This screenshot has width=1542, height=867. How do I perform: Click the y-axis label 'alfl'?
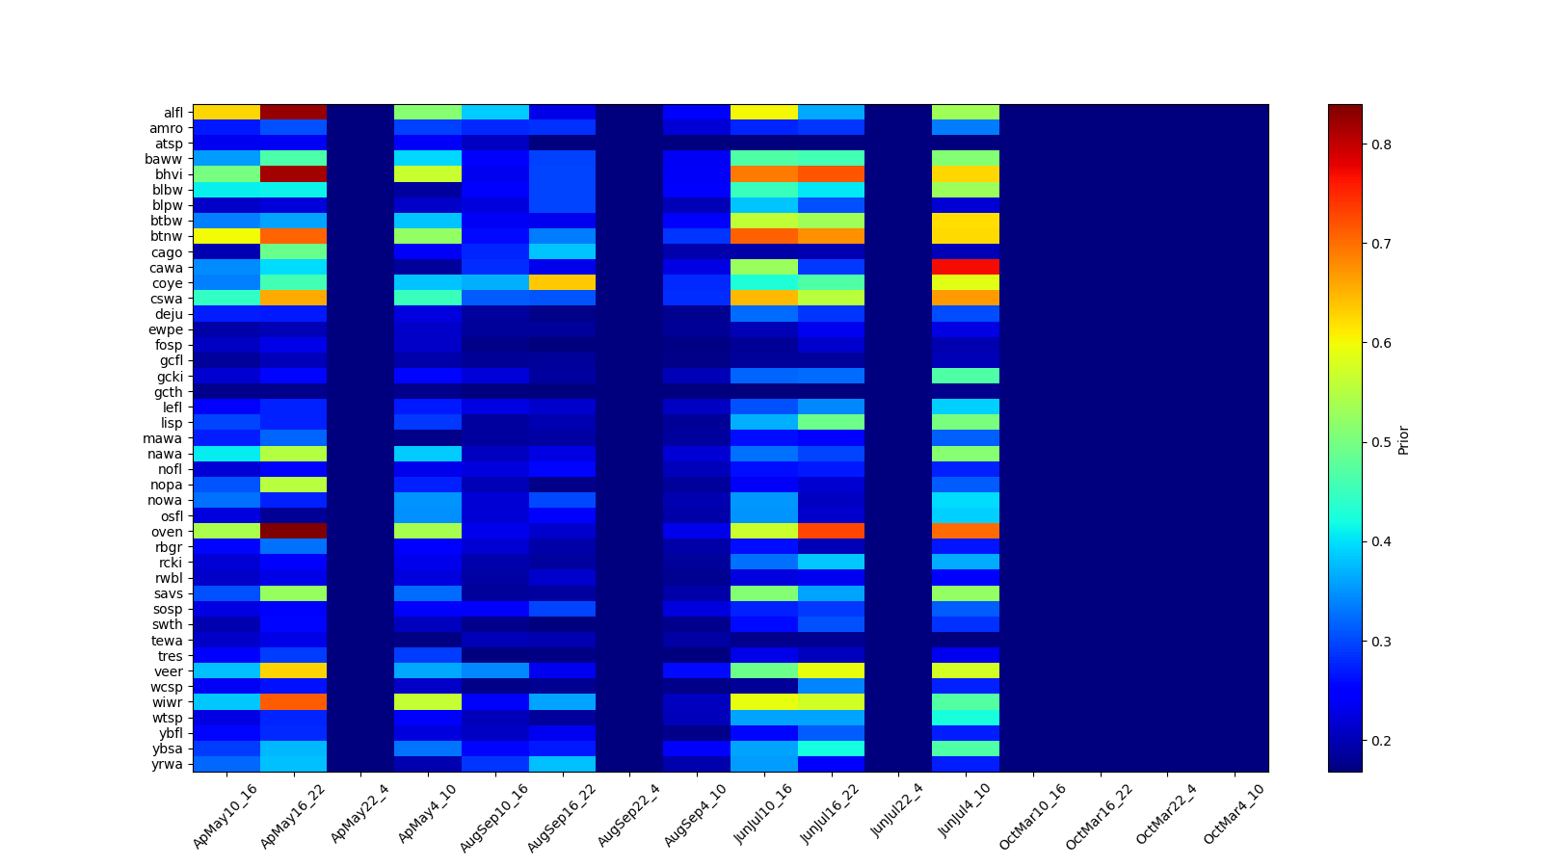[173, 113]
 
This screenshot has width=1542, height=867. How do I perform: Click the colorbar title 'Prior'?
[1403, 439]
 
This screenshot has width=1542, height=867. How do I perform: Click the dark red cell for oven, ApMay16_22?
[293, 531]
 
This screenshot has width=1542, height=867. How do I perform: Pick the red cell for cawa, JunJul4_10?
[966, 267]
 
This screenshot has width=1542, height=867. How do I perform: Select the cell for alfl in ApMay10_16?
[226, 112]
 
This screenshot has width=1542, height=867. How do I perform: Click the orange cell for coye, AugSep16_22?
[562, 282]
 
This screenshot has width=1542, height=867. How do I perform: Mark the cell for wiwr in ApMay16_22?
[293, 702]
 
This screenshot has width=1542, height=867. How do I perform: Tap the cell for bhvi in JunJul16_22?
[831, 174]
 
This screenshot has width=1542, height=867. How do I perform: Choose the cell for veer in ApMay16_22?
[293, 670]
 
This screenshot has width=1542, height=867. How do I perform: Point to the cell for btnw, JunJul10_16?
[764, 236]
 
